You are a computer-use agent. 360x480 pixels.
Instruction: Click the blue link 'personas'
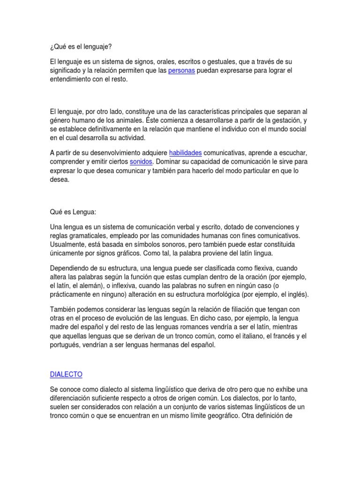click(181, 71)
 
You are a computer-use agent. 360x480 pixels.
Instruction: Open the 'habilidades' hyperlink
click(185, 153)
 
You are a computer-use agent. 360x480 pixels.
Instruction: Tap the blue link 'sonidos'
click(141, 162)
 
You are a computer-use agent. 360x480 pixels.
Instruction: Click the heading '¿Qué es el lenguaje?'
click(81, 46)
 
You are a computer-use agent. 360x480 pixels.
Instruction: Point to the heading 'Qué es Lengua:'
click(73, 212)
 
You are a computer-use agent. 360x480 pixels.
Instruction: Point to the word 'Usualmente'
click(67, 245)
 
